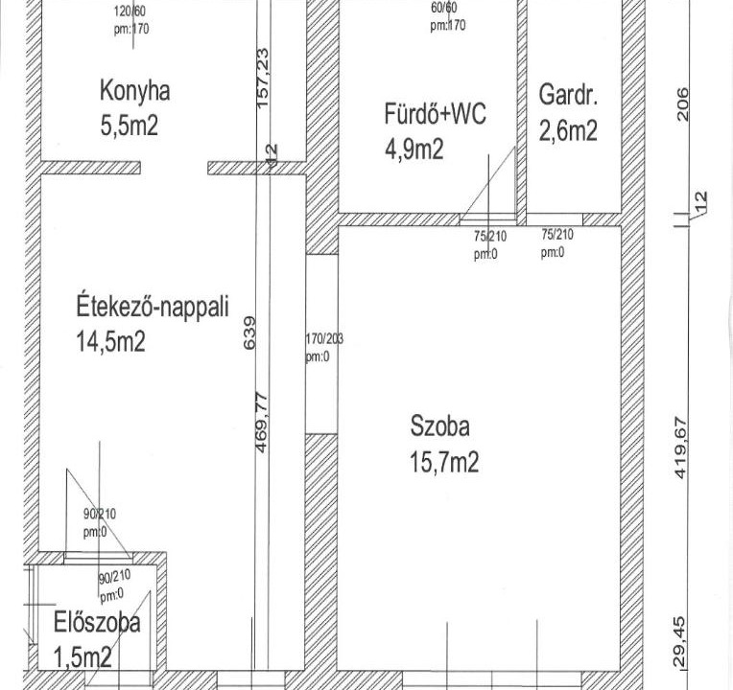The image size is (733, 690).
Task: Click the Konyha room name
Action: click(134, 91)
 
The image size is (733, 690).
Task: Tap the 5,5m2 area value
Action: click(130, 126)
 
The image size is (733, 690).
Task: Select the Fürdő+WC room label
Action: click(436, 113)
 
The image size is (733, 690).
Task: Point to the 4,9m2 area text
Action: click(414, 149)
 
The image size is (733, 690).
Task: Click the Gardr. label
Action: click(568, 95)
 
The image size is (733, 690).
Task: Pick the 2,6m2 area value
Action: click(568, 130)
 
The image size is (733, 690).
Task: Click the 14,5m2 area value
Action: click(110, 341)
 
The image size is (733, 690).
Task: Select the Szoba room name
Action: click(439, 426)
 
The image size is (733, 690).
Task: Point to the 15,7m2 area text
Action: click(444, 462)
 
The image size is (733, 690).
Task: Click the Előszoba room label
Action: click(97, 622)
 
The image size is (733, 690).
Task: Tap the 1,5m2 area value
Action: click(83, 657)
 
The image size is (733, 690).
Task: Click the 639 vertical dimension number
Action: click(249, 333)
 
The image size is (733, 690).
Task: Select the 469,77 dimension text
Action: click(262, 423)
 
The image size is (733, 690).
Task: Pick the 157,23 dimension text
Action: click(263, 78)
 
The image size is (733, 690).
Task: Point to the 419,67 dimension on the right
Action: click(680, 448)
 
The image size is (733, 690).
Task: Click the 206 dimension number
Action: click(682, 104)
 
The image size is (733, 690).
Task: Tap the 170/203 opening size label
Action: click(324, 338)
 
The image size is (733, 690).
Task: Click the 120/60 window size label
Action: click(129, 11)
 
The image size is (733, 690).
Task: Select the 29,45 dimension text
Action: click(680, 642)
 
